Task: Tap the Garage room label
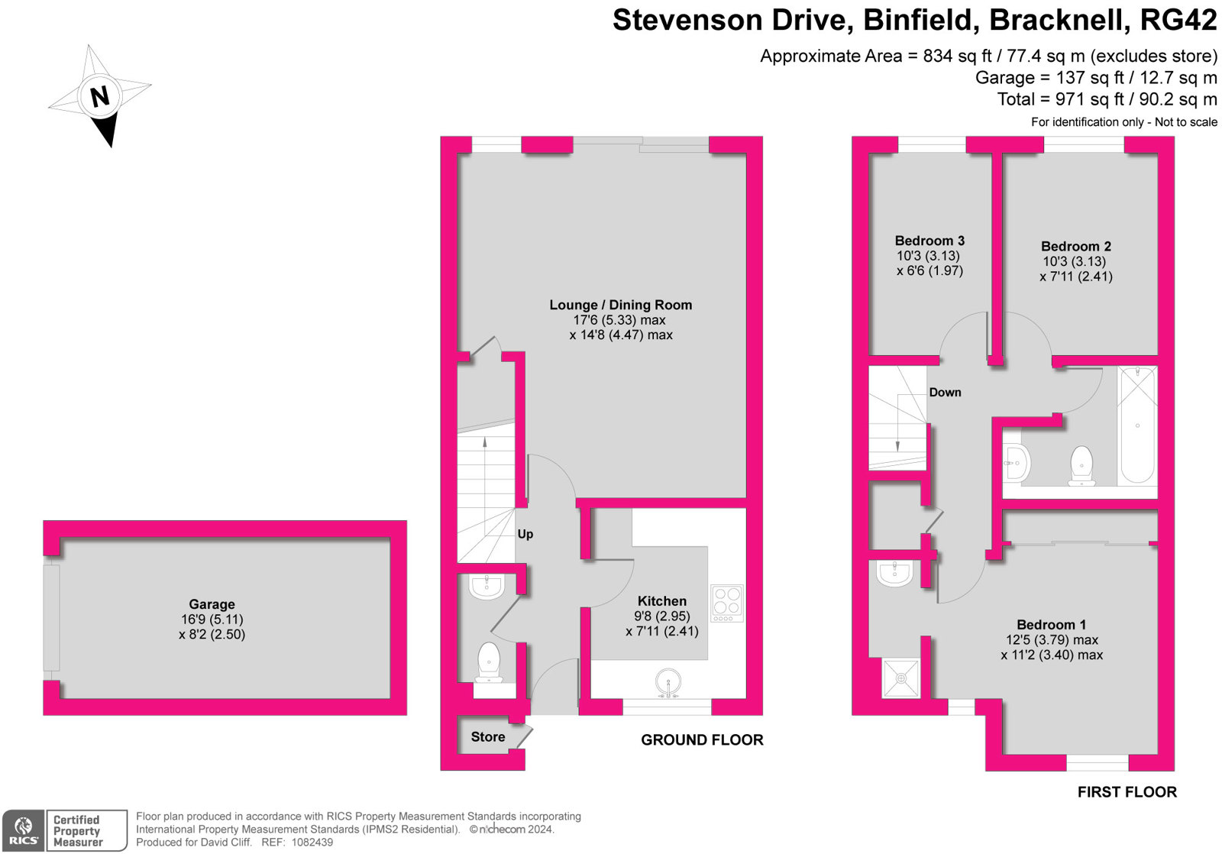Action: [212, 604]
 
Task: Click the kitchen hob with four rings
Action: [726, 602]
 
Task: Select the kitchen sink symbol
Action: [669, 682]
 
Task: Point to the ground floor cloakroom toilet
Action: [488, 662]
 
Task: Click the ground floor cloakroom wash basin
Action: [486, 586]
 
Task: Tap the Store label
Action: [487, 737]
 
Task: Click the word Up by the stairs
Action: [525, 534]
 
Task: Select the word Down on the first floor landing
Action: [945, 392]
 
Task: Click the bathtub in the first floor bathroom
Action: [1137, 425]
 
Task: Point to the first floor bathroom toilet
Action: [1081, 465]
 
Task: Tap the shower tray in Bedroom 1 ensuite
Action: [901, 678]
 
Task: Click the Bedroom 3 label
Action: [929, 241]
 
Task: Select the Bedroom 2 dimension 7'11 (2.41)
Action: [1075, 277]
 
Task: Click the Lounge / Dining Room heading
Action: [620, 305]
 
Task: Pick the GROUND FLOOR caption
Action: [701, 739]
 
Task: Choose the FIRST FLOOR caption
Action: [1127, 792]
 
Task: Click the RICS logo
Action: [24, 831]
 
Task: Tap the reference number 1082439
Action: [308, 843]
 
